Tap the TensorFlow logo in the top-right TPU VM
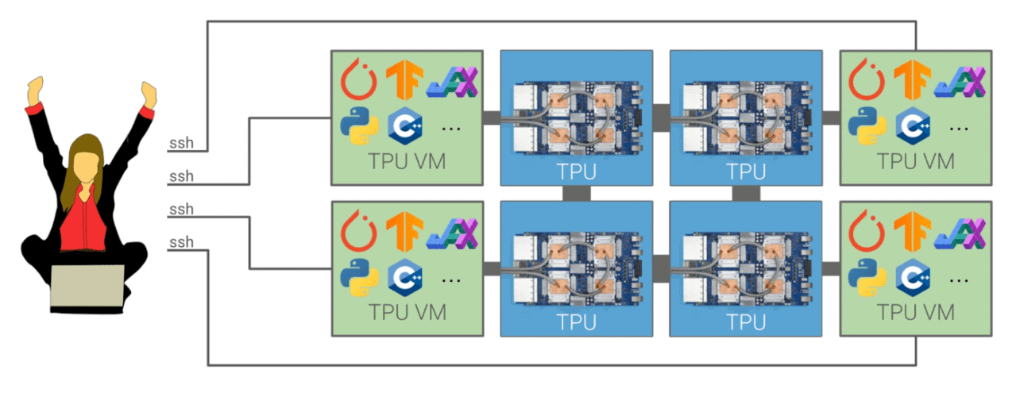912,80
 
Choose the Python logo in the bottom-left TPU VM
357,277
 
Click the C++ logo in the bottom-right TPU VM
913,277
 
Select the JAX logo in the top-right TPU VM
960,80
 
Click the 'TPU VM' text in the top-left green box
407,162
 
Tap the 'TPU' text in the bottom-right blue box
746,322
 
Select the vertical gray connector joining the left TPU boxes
576,194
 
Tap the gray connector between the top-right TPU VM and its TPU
831,118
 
